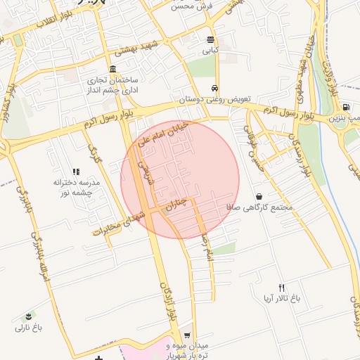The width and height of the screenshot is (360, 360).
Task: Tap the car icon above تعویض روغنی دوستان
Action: coord(213,89)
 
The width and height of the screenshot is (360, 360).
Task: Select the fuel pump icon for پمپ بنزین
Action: coord(345,106)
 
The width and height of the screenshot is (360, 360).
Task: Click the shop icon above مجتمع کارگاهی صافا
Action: coord(259,196)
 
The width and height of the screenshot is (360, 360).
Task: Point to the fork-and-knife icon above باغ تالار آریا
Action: coord(282,287)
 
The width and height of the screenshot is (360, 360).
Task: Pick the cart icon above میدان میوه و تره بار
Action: coord(186,335)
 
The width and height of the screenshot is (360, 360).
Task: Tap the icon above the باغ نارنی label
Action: coord(29,316)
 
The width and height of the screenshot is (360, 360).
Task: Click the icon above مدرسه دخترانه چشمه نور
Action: coord(77,171)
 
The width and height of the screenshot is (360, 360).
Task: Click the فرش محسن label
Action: coord(191,6)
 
